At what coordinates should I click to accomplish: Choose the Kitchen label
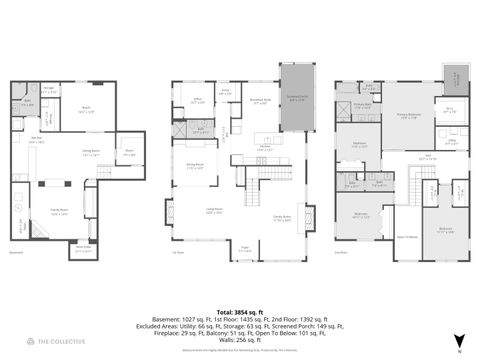pyautogui.click(x=265, y=148)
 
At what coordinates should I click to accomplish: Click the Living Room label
pyautogui.click(x=214, y=211)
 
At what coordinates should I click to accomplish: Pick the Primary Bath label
pyautogui.click(x=361, y=105)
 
